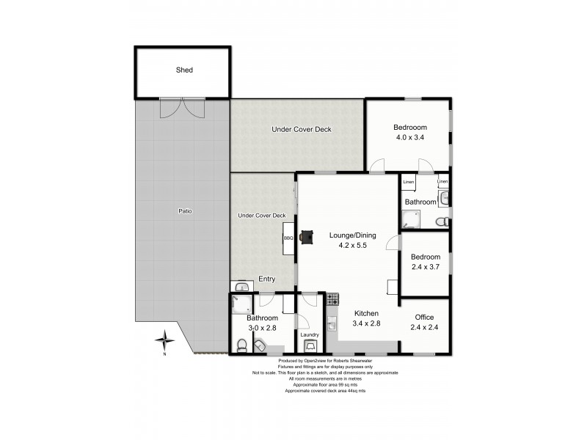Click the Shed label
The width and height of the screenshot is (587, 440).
[184, 70]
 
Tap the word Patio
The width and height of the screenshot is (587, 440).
[185, 211]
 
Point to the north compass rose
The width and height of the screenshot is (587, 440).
[166, 340]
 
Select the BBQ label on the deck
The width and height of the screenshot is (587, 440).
[288, 238]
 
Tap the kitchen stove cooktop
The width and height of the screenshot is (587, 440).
[332, 299]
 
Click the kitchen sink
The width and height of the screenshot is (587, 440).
[332, 324]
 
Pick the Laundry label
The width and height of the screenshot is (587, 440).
[310, 334]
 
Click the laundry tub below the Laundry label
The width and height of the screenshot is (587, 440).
[310, 346]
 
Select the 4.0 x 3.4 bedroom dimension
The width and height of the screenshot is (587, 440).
[410, 137]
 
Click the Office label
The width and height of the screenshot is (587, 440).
[425, 317]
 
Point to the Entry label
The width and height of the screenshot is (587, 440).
[266, 279]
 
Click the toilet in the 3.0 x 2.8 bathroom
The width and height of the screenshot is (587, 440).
[242, 345]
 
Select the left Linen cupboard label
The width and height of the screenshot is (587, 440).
[409, 182]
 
